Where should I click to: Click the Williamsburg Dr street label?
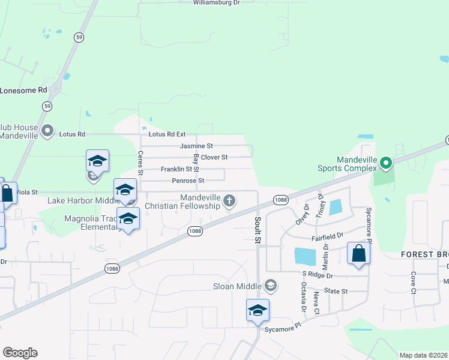coord(216,3)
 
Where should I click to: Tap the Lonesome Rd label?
coord(23,90)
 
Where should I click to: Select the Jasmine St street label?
coord(196,146)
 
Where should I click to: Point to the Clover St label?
coord(214,157)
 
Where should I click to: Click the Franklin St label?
coord(175,169)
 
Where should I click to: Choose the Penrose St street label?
coord(188,181)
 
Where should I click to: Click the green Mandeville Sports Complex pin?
coord(387,162)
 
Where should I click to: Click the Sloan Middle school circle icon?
coord(271,285)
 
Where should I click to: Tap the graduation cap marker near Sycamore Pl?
coord(258,310)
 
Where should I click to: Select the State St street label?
coord(336,291)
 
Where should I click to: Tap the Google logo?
coord(20,353)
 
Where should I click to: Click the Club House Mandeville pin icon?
coord(49,130)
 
